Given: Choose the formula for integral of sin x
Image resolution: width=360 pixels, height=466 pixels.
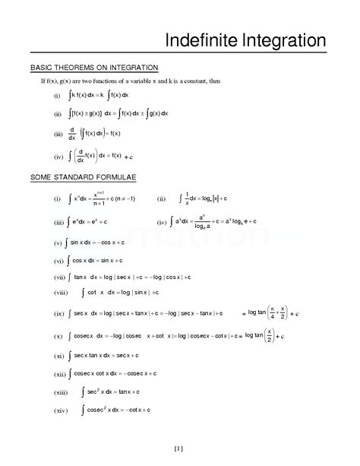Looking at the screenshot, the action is (x=104, y=243).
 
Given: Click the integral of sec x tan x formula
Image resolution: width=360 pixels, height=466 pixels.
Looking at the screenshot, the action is (x=106, y=355).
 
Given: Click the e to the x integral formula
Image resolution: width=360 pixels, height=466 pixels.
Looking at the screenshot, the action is (x=90, y=223).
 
